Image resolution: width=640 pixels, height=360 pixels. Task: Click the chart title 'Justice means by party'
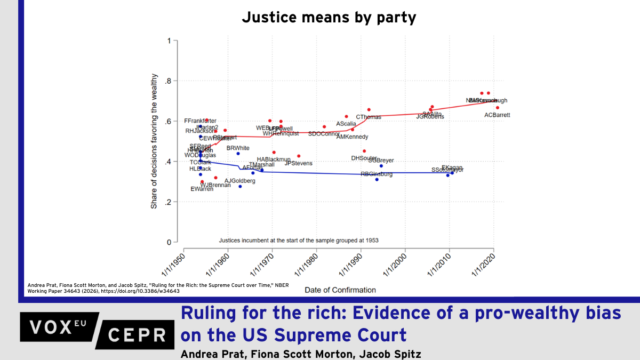(x=329, y=18)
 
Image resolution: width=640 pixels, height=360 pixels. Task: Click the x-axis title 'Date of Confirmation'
(x=340, y=290)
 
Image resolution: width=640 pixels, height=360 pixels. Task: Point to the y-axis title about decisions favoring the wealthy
(x=154, y=142)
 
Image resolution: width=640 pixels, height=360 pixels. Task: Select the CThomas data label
(x=369, y=117)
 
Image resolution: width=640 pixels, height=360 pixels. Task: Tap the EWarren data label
(x=202, y=189)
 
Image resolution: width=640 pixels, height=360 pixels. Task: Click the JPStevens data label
(x=299, y=163)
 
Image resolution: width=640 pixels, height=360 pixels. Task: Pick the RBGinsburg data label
(x=377, y=174)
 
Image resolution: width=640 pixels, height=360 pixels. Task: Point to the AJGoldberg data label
(x=240, y=181)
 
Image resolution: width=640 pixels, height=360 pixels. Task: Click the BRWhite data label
(x=238, y=148)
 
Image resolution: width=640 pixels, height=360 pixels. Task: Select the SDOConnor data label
(x=324, y=134)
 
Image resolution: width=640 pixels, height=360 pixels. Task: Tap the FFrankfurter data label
(x=200, y=121)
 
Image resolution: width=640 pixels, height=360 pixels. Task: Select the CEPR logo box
(x=138, y=335)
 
